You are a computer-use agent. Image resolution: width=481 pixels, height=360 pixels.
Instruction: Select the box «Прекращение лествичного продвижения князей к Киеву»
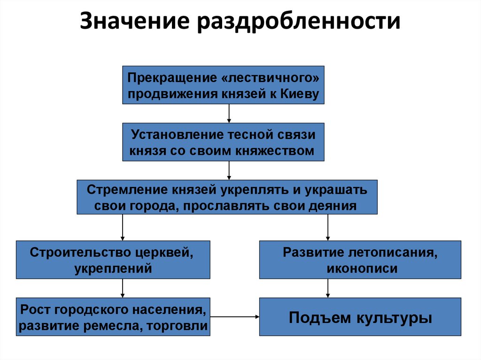[x=223, y=85]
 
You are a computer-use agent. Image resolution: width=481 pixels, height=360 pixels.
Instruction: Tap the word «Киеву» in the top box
[x=301, y=94]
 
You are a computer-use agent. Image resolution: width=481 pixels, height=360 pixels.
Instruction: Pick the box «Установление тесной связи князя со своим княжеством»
[x=223, y=142]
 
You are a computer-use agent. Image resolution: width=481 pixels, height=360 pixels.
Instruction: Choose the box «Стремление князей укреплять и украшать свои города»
[x=227, y=198]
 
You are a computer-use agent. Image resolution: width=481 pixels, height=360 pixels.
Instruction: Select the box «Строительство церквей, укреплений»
[x=113, y=260]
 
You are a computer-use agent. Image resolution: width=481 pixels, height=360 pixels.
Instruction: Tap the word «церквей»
[x=168, y=252]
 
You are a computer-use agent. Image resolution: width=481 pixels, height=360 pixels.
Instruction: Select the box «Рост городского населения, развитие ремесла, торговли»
[x=113, y=317]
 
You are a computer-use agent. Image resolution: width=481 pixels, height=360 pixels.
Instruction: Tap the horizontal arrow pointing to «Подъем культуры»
[x=235, y=317]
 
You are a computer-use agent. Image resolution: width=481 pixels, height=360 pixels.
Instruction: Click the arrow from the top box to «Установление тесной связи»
[x=229, y=113]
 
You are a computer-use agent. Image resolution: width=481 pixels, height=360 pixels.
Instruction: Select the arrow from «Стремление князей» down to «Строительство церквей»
[x=123, y=228]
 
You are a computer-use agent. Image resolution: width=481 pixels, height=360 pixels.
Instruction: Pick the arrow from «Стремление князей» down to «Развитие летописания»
[x=327, y=228]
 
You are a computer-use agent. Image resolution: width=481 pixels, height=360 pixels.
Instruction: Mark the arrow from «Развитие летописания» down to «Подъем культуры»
[x=327, y=288]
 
